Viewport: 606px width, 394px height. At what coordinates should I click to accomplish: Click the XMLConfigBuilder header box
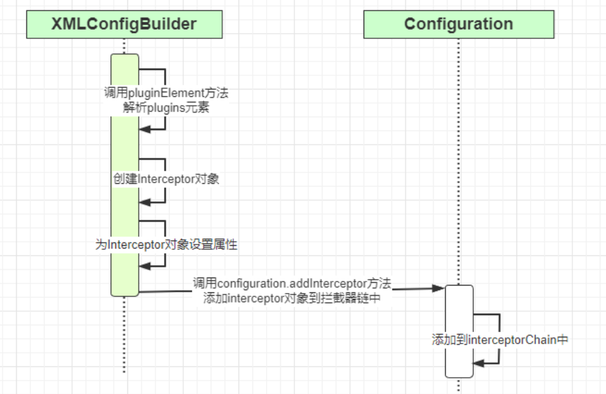[x=124, y=25]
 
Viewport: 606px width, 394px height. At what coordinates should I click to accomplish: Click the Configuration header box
[x=459, y=25]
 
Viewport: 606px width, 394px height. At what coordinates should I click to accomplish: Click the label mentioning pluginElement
[x=166, y=93]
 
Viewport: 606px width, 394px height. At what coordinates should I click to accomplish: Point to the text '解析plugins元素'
[x=166, y=108]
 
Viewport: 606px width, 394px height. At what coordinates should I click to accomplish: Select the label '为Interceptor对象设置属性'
[x=166, y=245]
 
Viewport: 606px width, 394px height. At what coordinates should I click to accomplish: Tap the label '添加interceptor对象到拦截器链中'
[x=292, y=299]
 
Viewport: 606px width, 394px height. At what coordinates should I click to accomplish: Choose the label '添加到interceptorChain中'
[x=500, y=340]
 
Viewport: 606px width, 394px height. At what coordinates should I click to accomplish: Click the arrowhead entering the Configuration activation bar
[x=439, y=288]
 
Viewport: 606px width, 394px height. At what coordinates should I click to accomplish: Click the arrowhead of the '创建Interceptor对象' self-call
[x=143, y=202]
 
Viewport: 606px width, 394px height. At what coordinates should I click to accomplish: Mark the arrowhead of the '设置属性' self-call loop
[x=143, y=265]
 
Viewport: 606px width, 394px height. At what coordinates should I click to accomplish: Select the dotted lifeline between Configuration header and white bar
[x=459, y=162]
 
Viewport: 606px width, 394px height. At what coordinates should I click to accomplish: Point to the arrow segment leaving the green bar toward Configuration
[x=165, y=291]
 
